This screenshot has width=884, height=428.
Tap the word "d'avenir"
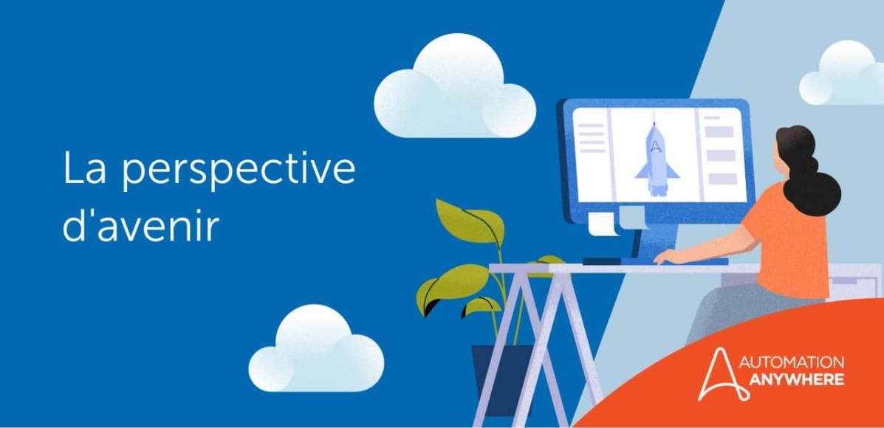[140, 227]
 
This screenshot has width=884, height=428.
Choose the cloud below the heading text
[316, 350]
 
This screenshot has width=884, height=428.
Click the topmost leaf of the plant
[469, 220]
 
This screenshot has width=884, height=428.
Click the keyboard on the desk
[654, 261]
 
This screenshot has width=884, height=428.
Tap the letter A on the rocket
[655, 146]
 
